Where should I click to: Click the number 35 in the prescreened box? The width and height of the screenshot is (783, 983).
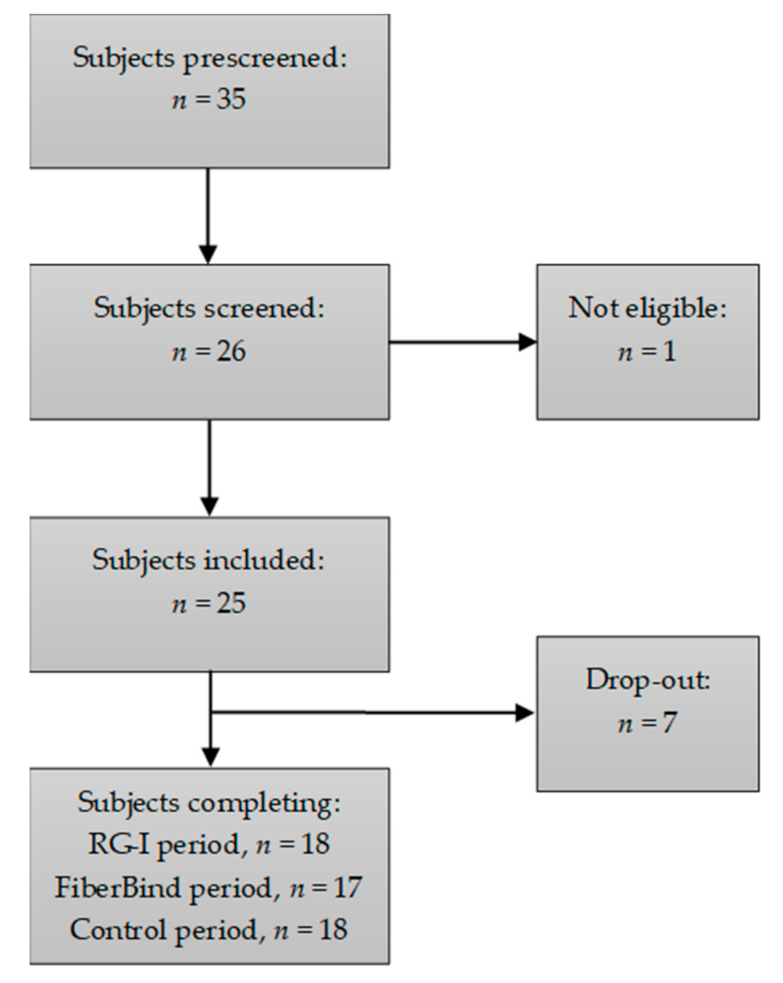[231, 99]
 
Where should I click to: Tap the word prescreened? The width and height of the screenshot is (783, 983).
[264, 59]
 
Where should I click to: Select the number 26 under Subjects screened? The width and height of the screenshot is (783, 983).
[231, 352]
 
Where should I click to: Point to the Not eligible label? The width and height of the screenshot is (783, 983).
[647, 308]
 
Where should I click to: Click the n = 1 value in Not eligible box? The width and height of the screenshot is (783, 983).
[647, 352]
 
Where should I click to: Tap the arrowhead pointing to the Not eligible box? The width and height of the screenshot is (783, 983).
[528, 342]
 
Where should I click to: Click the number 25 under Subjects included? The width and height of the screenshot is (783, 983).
[231, 604]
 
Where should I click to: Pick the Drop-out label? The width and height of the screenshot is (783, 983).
[648, 680]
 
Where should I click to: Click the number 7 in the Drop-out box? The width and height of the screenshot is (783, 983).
[669, 723]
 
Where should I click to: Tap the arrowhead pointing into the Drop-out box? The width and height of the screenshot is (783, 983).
[525, 713]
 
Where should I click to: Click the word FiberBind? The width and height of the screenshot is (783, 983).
[119, 888]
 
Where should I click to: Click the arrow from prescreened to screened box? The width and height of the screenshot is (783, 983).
[208, 215]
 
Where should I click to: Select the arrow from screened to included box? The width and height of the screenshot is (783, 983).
[209, 467]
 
